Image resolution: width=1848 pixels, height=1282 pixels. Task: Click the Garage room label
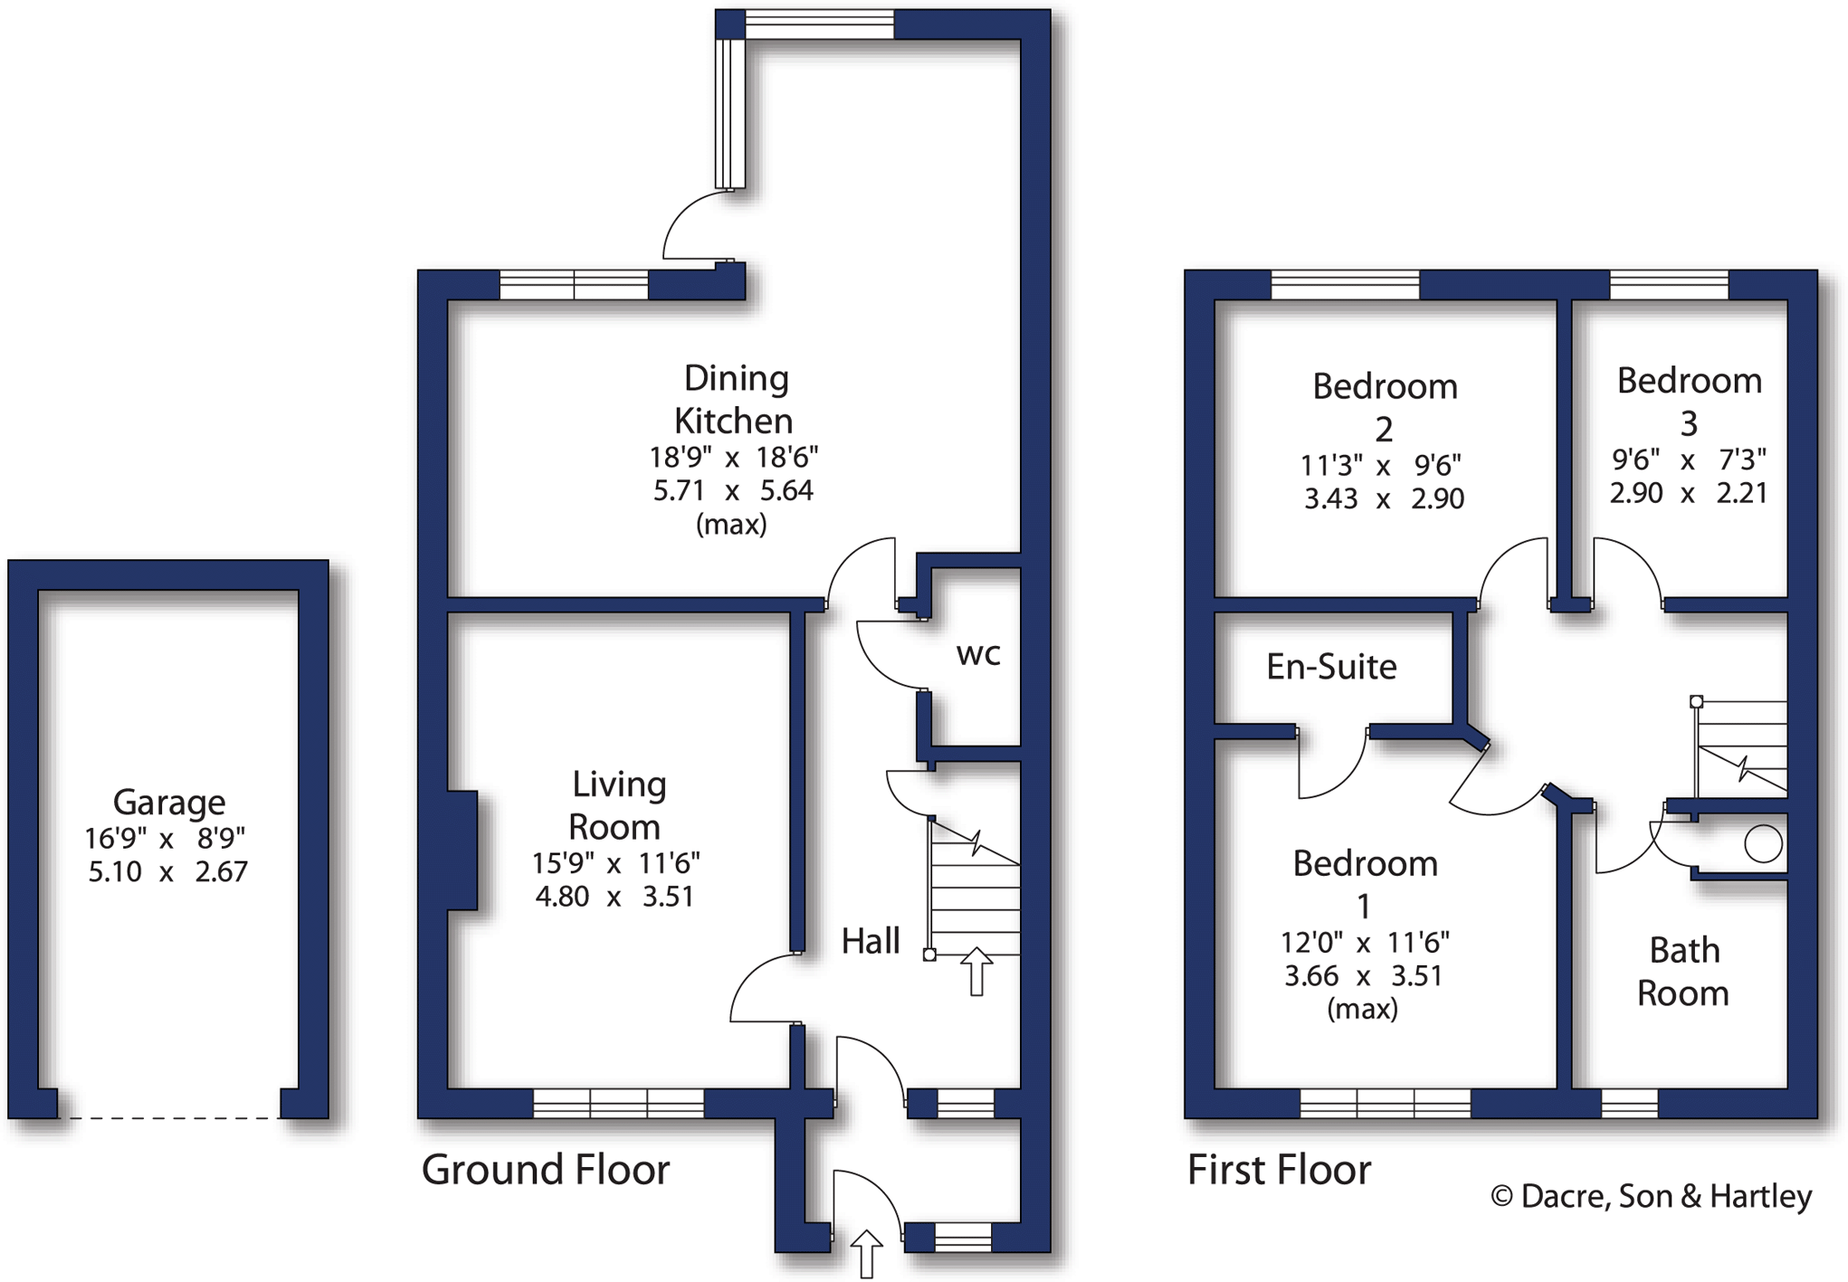click(169, 802)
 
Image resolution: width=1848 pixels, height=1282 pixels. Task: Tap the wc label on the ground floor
click(978, 653)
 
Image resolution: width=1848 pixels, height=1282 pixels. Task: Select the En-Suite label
click(1331, 667)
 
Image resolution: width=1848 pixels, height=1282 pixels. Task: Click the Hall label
click(871, 942)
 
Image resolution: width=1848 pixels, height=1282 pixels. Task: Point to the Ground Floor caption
click(546, 1170)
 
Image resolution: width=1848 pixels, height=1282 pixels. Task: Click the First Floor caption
click(1279, 1170)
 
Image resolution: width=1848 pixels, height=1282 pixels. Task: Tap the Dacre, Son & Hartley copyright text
click(1651, 1196)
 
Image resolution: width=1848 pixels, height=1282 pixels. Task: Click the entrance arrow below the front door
click(866, 1253)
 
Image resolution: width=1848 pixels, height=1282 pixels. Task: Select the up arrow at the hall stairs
click(976, 972)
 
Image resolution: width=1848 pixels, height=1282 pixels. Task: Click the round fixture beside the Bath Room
click(1763, 844)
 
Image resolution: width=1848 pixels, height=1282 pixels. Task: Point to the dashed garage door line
click(169, 1118)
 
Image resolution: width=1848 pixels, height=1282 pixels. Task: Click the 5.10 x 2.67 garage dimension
click(167, 872)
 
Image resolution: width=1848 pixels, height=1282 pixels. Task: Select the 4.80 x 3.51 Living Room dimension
click(614, 897)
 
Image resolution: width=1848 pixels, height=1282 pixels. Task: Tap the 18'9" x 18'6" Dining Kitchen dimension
click(733, 457)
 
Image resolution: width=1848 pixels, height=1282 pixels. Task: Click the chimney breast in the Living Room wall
click(462, 850)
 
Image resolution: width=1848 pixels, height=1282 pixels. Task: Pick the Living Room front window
click(618, 1103)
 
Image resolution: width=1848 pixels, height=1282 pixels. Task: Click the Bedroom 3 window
click(1669, 285)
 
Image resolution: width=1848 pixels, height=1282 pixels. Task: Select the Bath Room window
click(1629, 1103)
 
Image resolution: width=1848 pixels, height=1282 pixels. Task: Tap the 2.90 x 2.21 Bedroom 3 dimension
click(1688, 493)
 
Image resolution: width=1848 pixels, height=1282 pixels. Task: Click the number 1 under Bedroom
click(1364, 906)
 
